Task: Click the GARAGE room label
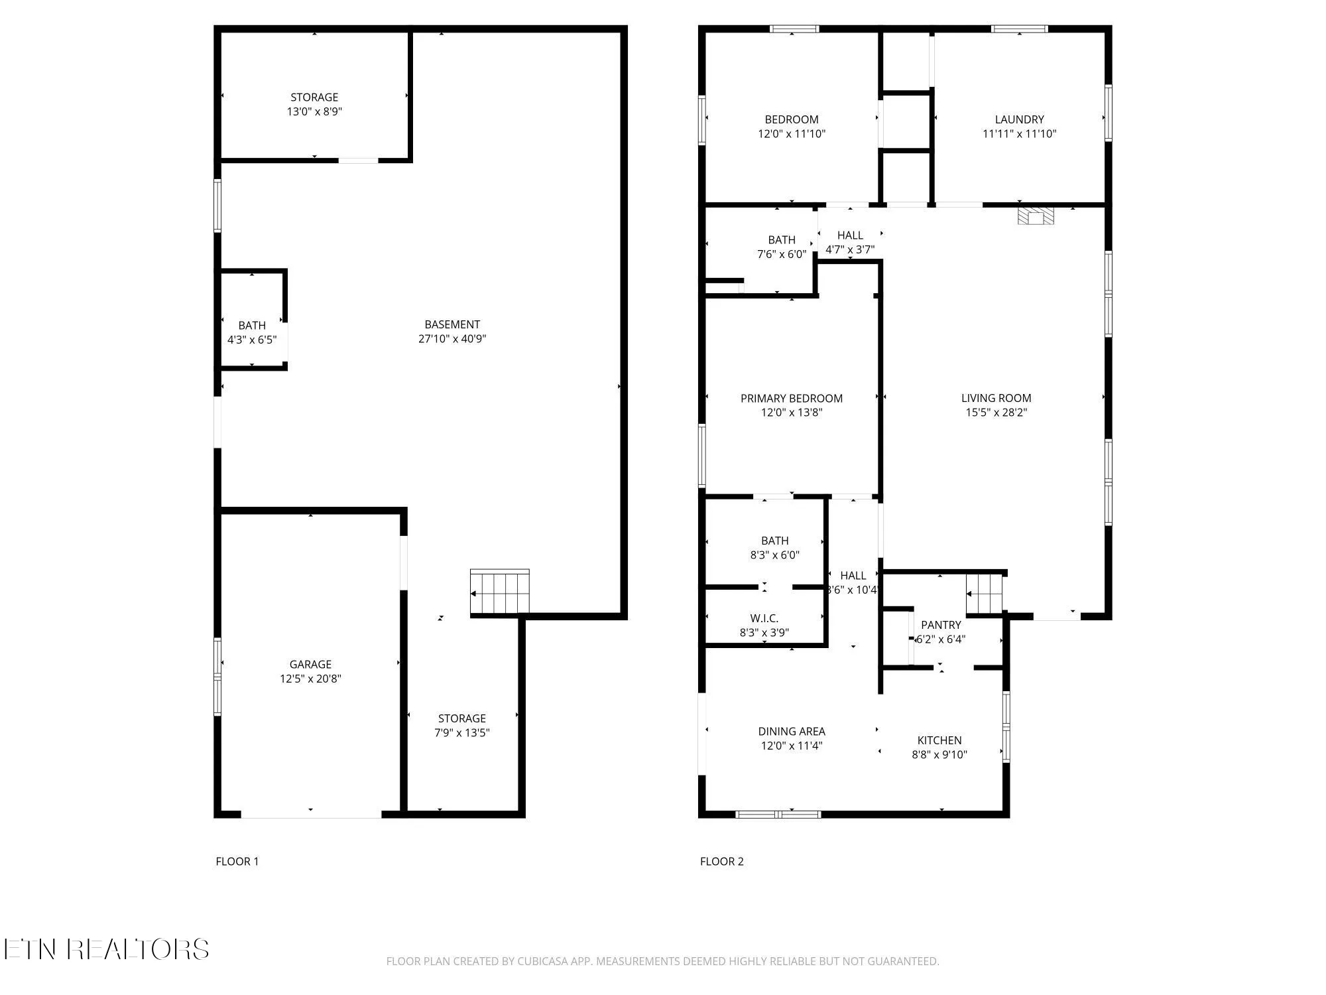pyautogui.click(x=310, y=664)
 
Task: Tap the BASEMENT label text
pyautogui.click(x=452, y=324)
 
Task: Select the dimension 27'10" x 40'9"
pyautogui.click(x=452, y=338)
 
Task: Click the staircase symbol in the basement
pyautogui.click(x=500, y=592)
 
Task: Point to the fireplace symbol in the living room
pyautogui.click(x=1036, y=216)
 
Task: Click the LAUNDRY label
pyautogui.click(x=1019, y=119)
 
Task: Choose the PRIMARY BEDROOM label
pyautogui.click(x=792, y=398)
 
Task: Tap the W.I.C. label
pyautogui.click(x=764, y=618)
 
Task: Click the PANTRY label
pyautogui.click(x=941, y=625)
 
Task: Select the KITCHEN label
pyautogui.click(x=939, y=740)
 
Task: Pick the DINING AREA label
pyautogui.click(x=792, y=731)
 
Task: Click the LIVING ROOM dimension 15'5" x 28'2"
pyautogui.click(x=996, y=412)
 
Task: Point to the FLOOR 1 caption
pyautogui.click(x=237, y=861)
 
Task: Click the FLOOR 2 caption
pyautogui.click(x=721, y=861)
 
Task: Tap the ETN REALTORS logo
pyautogui.click(x=106, y=949)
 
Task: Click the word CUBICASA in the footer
pyautogui.click(x=545, y=961)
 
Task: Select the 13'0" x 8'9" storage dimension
pyautogui.click(x=314, y=111)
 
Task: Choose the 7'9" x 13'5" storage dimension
pyautogui.click(x=462, y=732)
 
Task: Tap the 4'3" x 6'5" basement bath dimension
pyautogui.click(x=252, y=340)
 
